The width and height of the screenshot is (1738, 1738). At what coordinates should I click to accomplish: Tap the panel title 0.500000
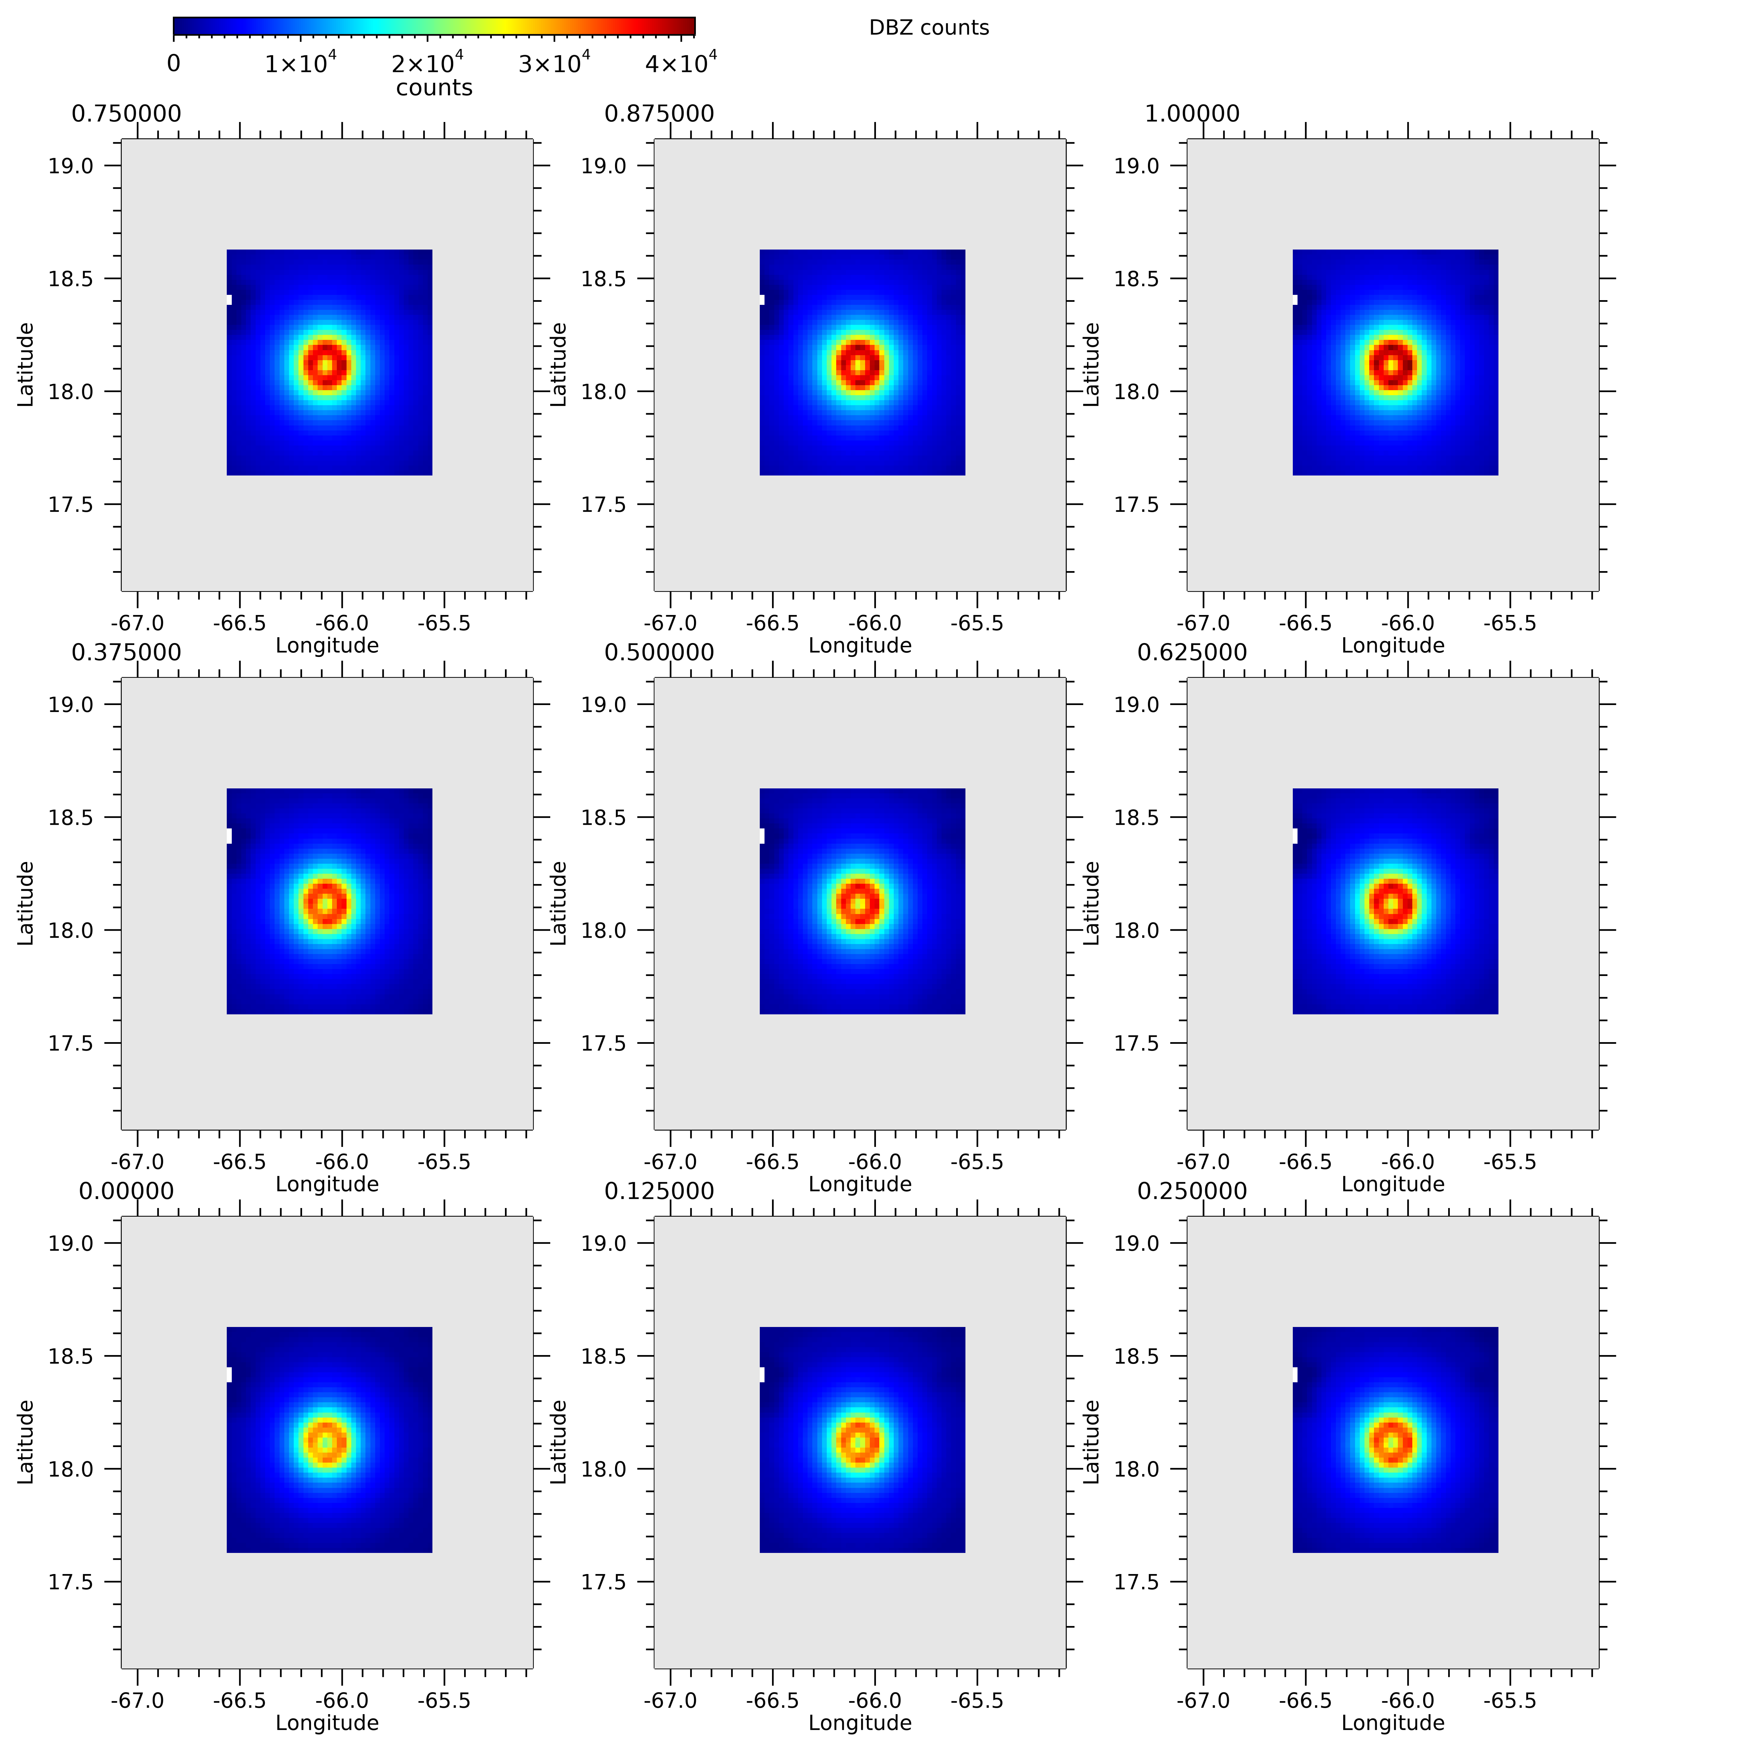659,652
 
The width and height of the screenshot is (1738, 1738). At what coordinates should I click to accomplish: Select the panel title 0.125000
659,1191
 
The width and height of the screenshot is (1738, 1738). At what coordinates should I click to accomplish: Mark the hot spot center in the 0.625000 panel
1393,903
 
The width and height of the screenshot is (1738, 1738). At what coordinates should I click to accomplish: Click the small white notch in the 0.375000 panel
228,836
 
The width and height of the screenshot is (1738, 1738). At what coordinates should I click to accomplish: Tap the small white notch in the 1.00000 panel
1294,299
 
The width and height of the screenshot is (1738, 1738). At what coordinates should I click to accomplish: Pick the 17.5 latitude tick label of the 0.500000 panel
604,1044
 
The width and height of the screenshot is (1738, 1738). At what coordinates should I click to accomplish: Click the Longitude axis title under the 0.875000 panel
860,645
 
